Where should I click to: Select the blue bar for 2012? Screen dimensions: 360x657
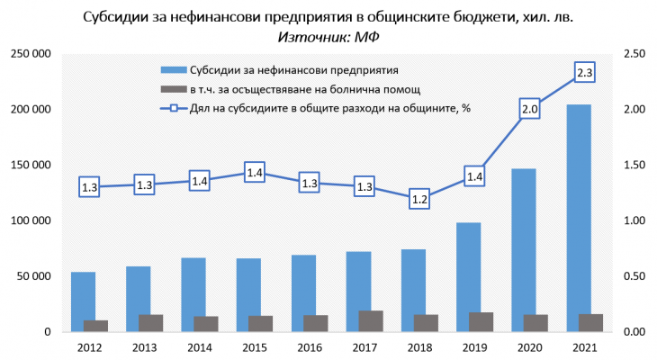pyautogui.click(x=83, y=301)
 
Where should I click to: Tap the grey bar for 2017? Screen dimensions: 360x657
pyautogui.click(x=371, y=321)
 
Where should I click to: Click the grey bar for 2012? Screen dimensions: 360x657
pyautogui.click(x=95, y=326)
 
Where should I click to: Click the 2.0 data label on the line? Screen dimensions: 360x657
pyautogui.click(x=529, y=110)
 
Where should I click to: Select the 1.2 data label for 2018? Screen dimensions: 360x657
pyautogui.click(x=419, y=200)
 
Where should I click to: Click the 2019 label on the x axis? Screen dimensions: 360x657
pyautogui.click(x=474, y=346)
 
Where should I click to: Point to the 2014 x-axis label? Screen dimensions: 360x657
pyautogui.click(x=200, y=346)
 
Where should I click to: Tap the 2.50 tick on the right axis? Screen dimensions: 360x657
pyautogui.click(x=634, y=55)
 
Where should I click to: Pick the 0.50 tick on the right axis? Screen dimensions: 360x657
pyautogui.click(x=634, y=276)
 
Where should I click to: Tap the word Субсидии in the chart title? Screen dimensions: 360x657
pyautogui.click(x=118, y=17)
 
